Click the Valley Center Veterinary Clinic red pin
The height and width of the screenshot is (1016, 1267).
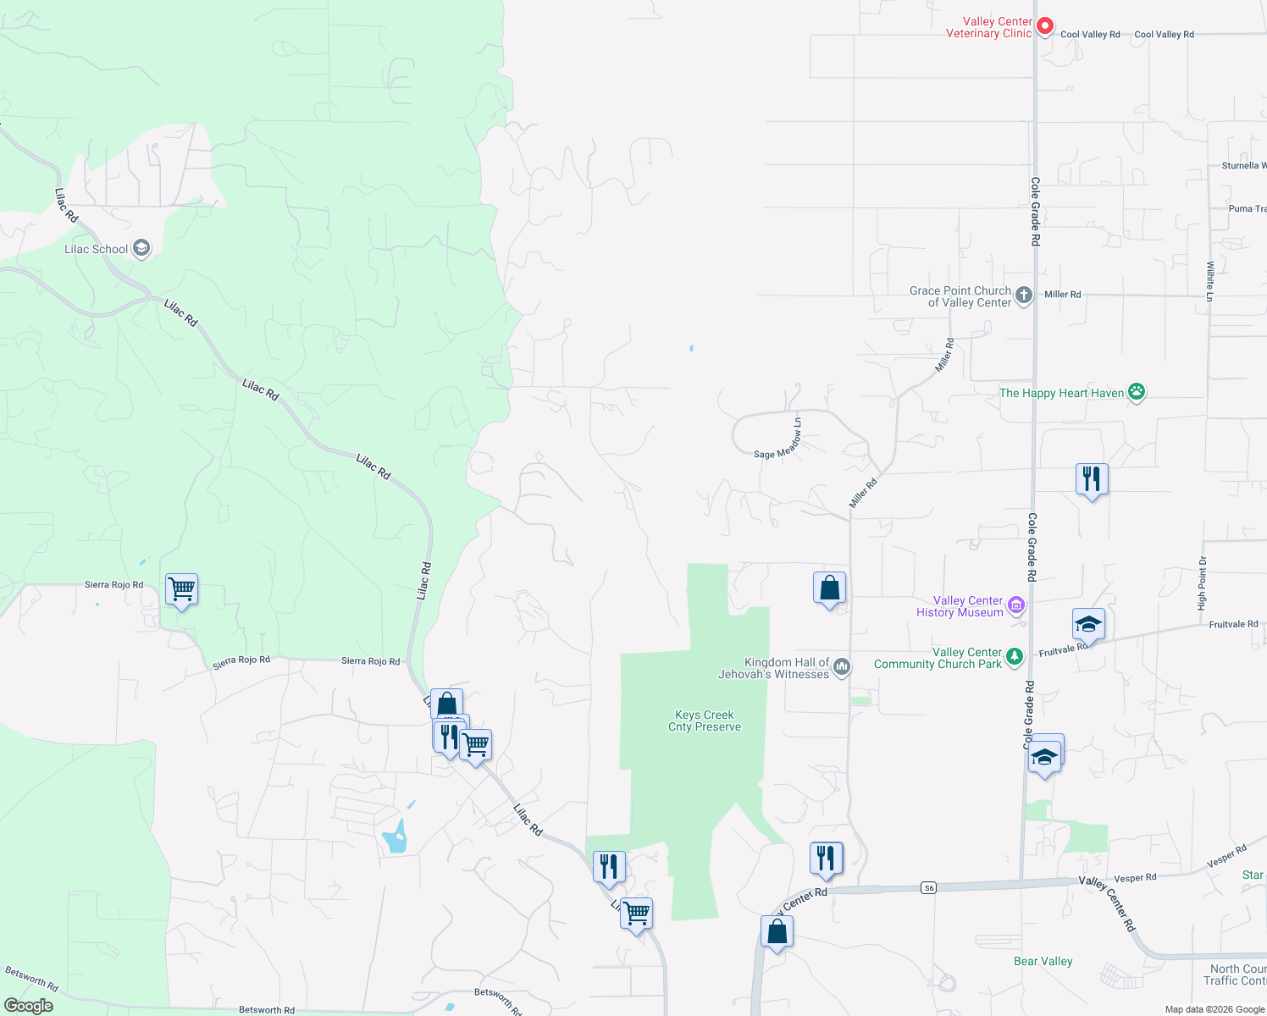point(1045,26)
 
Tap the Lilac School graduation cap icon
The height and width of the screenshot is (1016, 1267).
point(141,248)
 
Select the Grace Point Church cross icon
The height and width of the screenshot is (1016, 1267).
point(1024,295)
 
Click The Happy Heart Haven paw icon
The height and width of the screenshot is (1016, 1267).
point(1137,392)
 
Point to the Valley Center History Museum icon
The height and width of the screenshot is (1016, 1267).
point(1017,605)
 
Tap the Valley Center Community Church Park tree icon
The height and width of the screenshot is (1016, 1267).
point(1014,657)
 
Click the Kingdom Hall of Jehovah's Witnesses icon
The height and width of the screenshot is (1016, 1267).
point(841,667)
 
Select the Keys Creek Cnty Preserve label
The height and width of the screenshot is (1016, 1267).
point(705,721)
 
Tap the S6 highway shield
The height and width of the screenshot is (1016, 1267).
point(929,887)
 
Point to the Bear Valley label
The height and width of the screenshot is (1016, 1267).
point(1043,961)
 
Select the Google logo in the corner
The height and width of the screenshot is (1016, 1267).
point(28,1006)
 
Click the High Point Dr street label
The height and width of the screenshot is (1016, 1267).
point(1202,583)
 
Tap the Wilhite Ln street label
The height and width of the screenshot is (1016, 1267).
point(1210,281)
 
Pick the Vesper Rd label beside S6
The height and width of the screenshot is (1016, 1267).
point(1135,878)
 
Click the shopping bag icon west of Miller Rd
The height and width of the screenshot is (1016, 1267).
point(829,587)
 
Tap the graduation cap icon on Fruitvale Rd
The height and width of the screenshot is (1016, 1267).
point(1088,625)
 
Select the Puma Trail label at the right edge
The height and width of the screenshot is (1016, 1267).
point(1247,208)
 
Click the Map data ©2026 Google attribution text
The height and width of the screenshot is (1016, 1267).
point(1214,1009)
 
